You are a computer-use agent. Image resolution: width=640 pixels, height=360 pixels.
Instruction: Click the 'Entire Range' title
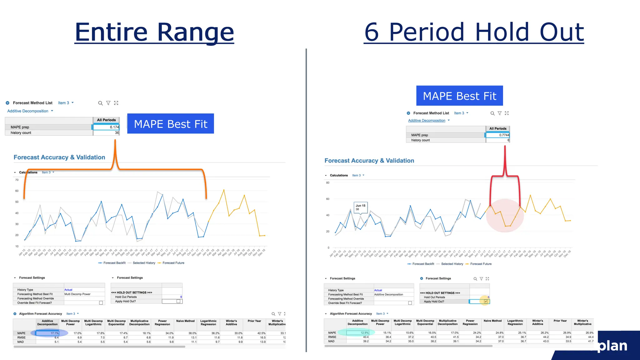(154, 32)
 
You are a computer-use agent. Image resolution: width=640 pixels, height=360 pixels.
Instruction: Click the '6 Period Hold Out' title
(474, 32)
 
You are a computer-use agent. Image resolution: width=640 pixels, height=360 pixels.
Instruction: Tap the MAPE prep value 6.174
(106, 127)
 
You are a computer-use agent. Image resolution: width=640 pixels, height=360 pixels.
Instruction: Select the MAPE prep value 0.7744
(497, 135)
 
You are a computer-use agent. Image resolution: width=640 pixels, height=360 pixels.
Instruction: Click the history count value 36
(106, 133)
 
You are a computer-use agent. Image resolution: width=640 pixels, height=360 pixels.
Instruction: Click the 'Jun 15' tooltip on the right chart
(360, 207)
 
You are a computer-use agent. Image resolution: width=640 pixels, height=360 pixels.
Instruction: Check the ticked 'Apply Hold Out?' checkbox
(486, 302)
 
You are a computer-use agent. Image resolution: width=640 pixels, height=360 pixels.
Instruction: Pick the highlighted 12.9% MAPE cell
(358, 333)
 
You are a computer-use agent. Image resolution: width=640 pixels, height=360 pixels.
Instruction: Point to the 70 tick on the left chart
(17, 180)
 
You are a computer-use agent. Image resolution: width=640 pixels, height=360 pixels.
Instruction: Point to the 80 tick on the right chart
(327, 183)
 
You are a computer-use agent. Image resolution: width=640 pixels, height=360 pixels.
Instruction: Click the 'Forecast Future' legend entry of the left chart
(173, 263)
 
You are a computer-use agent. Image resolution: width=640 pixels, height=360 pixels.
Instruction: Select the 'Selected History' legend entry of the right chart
(452, 264)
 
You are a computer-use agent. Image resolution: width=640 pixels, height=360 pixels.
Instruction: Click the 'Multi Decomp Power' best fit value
(77, 294)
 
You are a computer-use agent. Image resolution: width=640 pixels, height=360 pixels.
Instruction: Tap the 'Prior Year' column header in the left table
(254, 321)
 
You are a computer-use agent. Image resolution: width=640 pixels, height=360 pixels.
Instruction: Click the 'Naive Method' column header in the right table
(492, 321)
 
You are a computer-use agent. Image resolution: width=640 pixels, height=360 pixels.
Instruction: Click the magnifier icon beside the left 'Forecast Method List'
(100, 103)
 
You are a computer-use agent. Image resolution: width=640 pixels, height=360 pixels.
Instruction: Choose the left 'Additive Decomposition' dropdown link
(28, 111)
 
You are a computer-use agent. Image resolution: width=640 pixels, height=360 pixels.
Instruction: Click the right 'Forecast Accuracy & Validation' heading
(369, 161)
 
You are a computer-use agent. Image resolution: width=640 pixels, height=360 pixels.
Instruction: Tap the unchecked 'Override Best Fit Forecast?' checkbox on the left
(101, 303)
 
